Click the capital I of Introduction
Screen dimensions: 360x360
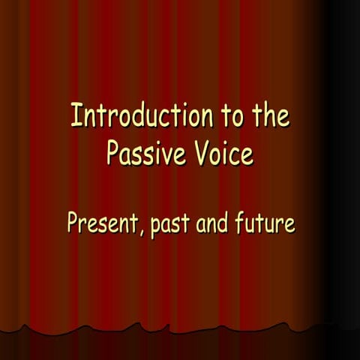[x=74, y=117]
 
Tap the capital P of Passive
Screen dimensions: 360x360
[x=112, y=153]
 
